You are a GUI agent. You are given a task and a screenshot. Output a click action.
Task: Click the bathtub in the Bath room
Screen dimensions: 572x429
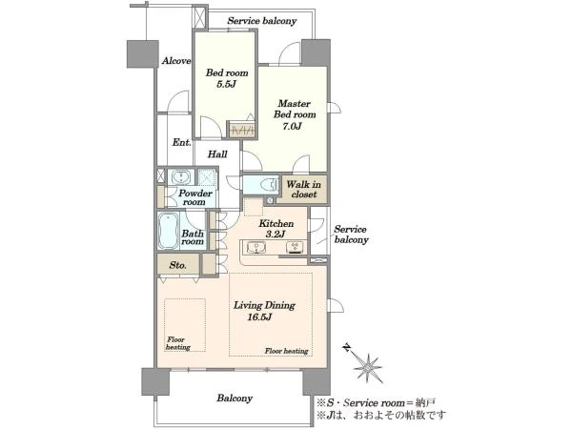click(169, 231)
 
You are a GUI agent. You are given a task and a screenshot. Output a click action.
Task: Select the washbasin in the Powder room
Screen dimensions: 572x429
click(180, 177)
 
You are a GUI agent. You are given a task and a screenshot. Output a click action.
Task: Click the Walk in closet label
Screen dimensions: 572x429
click(303, 190)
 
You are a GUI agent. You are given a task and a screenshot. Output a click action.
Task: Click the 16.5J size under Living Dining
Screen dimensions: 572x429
click(259, 317)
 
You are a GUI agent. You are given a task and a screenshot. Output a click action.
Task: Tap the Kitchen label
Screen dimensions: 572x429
click(276, 223)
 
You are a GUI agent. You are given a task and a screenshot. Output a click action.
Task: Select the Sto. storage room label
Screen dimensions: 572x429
click(178, 265)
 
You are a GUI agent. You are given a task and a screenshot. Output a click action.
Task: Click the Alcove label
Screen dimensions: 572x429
click(176, 61)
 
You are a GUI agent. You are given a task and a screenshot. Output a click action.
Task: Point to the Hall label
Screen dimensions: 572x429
click(217, 154)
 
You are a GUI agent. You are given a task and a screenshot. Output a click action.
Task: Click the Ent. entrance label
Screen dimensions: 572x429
click(182, 142)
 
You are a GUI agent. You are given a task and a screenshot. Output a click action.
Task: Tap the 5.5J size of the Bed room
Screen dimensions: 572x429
click(227, 84)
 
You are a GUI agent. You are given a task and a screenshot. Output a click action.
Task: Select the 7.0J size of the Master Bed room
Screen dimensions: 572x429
click(293, 127)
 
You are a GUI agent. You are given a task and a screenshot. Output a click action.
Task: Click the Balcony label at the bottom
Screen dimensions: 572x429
click(235, 398)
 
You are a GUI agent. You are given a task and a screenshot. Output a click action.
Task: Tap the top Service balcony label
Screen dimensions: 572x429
click(262, 21)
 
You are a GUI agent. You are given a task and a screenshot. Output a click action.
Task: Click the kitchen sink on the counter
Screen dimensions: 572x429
click(256, 248)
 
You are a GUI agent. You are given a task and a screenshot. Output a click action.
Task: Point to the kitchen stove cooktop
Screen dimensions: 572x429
click(295, 247)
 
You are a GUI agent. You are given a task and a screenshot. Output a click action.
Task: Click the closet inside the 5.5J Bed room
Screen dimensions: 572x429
click(241, 130)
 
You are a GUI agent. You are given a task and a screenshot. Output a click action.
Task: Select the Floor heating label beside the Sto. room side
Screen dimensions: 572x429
click(178, 343)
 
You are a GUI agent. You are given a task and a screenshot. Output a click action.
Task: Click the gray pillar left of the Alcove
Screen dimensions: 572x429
click(143, 54)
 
